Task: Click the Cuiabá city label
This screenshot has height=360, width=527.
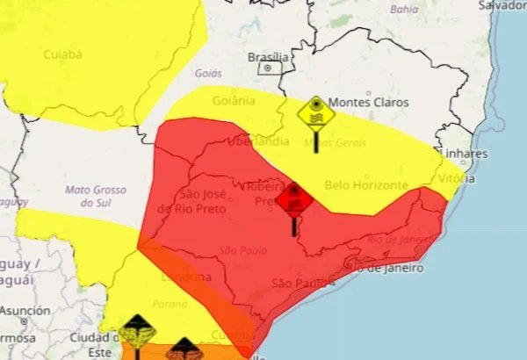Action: coord(62,54)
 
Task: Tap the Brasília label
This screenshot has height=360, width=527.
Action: coord(269,57)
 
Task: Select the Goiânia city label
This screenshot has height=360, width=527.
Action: coord(234,100)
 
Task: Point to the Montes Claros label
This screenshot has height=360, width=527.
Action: coord(368,103)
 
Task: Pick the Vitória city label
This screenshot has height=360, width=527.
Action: coord(457,178)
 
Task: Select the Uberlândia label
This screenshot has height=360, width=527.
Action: coord(258,141)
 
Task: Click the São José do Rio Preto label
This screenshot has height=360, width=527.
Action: coord(191,201)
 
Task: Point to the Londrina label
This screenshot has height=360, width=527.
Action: coord(185,277)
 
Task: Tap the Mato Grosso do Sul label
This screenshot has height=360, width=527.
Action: coord(96,196)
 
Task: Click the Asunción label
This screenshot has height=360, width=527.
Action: coord(25,311)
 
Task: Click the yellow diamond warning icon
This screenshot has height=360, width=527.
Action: coord(314,113)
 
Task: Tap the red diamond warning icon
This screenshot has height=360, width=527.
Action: coord(294,199)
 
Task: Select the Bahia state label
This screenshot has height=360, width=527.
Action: coord(404,10)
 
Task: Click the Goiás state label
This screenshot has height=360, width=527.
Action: coord(208,74)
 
